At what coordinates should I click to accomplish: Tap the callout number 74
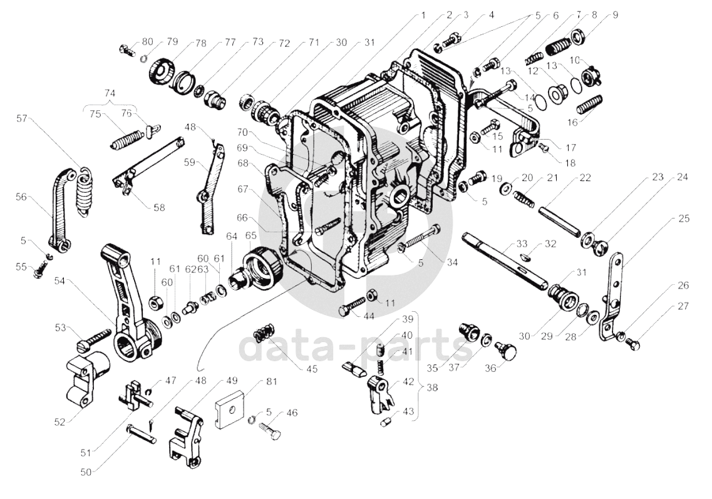tap(110, 92)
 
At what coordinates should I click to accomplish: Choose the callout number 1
tap(423, 14)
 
